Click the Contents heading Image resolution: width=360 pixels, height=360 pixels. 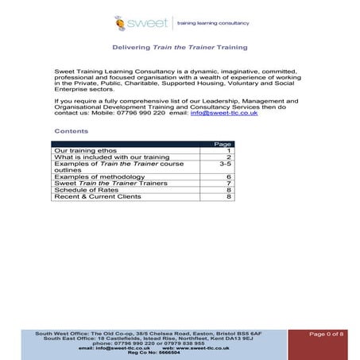pyautogui.click(x=71, y=130)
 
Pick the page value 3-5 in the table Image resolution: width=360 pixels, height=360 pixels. pyautogui.click(x=224, y=164)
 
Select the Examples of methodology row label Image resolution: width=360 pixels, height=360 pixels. pyautogui.click(x=99, y=177)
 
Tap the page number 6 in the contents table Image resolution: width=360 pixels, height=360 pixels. pyautogui.click(x=229, y=177)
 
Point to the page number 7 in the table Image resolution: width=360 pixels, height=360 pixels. pyautogui.click(x=229, y=184)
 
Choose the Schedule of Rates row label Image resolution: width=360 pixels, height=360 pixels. pyautogui.click(x=87, y=190)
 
